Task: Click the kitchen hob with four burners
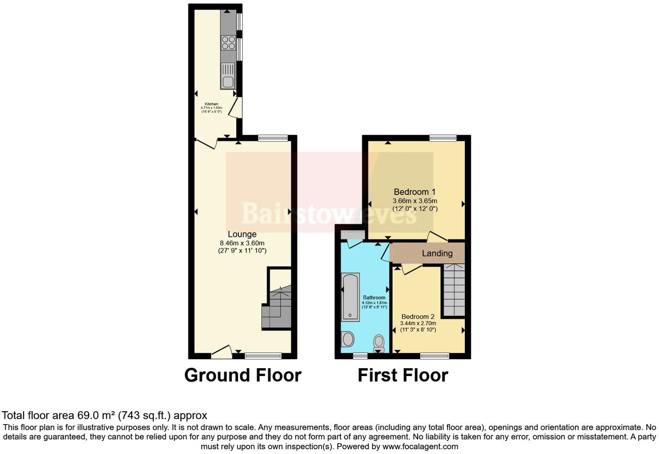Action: pos(228,42)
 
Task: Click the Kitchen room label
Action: pos(212,104)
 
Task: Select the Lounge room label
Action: pos(242,234)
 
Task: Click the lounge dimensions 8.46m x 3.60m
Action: pos(242,243)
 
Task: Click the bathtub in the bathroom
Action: pos(350,297)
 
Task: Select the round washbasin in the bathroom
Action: pos(348,339)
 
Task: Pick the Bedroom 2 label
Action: pos(418,317)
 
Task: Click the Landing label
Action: pos(437,253)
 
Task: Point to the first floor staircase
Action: pos(453,290)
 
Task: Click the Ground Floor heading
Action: pos(242,375)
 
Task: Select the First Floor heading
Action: pos(402,375)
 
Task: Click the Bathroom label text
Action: pos(374,298)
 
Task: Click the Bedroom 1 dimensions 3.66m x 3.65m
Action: pos(414,201)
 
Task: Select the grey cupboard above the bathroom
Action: pos(352,234)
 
